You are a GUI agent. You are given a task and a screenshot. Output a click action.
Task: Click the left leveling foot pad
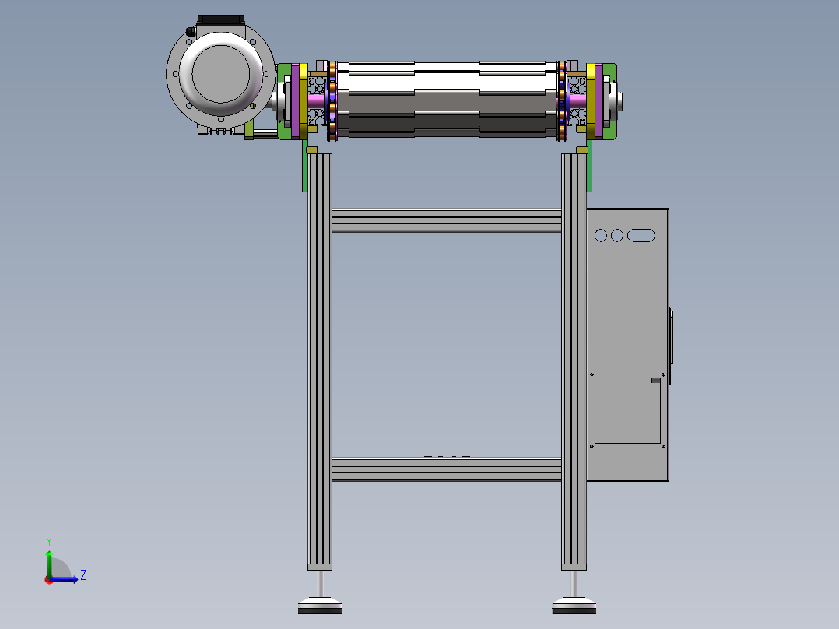(x=320, y=606)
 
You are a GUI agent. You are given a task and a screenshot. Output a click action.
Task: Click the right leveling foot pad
(x=574, y=606)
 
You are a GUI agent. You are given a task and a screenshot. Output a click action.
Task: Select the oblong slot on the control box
(x=641, y=236)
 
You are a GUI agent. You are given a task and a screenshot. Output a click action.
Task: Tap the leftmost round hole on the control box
(x=601, y=236)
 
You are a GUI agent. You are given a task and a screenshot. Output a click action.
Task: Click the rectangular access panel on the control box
(x=627, y=410)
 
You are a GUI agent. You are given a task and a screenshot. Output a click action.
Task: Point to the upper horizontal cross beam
(x=446, y=220)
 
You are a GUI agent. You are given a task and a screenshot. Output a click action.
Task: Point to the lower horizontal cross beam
(x=446, y=469)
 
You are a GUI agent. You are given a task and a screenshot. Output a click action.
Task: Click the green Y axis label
(x=49, y=542)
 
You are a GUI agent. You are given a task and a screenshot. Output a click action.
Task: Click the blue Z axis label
(x=83, y=575)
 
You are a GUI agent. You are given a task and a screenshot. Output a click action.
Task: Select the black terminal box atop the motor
(x=221, y=20)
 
